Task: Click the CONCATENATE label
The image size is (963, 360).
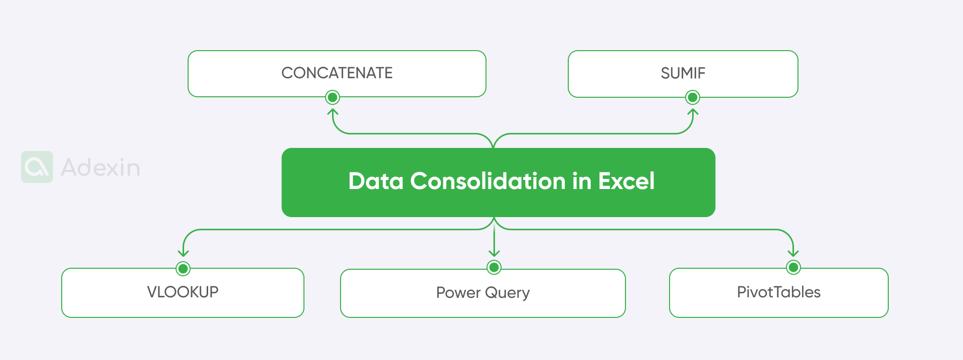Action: (337, 73)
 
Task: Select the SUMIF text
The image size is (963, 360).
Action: (683, 73)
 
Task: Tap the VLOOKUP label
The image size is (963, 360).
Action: (183, 292)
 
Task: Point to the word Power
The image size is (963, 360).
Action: (458, 292)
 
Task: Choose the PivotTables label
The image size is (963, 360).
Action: (778, 292)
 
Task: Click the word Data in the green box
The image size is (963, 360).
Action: (376, 181)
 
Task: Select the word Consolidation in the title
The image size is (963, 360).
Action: (488, 181)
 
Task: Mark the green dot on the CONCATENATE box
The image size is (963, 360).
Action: (333, 97)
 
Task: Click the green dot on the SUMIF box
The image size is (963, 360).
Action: (693, 97)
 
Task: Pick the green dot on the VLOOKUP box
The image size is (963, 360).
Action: (183, 269)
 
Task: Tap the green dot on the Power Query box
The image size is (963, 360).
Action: (494, 268)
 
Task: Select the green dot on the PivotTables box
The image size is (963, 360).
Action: (793, 268)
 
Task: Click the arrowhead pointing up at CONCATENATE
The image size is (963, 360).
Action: (333, 112)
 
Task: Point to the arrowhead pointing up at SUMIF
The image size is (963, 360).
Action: (693, 112)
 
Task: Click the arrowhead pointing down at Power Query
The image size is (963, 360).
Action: (494, 253)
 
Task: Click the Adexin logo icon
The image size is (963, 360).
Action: (37, 167)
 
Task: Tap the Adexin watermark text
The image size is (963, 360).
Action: (100, 167)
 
